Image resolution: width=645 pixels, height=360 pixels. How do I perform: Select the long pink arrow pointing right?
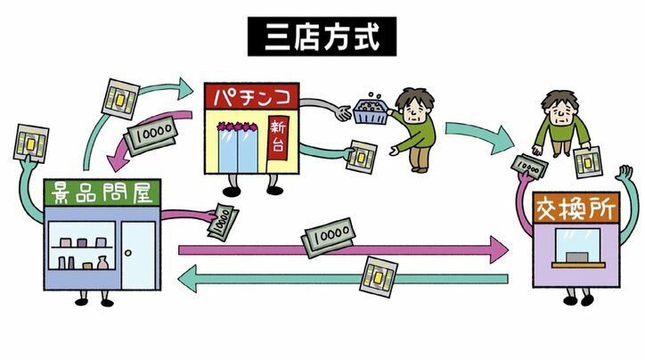coord(339,250)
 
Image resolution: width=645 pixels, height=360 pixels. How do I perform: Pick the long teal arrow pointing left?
coord(339,279)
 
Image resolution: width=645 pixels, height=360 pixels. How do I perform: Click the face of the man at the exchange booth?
coord(560,110)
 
